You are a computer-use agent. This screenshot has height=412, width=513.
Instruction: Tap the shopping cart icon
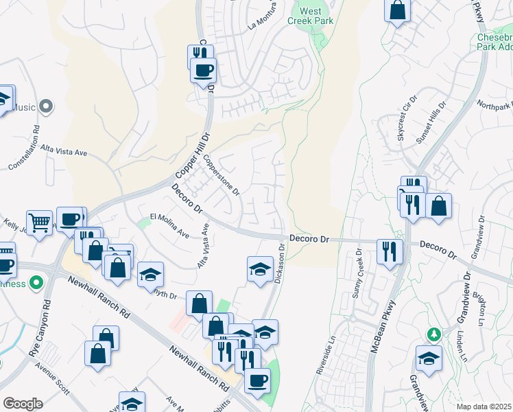(x=40, y=222)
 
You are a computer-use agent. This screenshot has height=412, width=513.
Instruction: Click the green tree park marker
(x=433, y=334)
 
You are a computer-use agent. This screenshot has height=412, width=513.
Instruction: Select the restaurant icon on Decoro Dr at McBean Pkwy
(x=387, y=250)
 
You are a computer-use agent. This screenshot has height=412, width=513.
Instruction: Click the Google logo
(x=23, y=403)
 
